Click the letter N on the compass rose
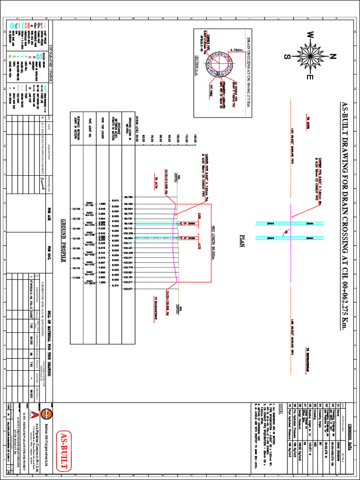point(333,57)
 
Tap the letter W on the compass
point(310,35)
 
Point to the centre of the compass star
point(309,57)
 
